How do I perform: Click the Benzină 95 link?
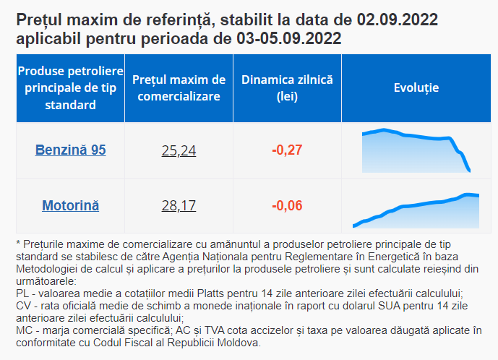click(x=71, y=150)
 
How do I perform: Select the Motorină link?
click(x=71, y=205)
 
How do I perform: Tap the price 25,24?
click(x=179, y=150)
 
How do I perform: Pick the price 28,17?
click(x=179, y=206)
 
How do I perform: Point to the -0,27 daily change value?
click(x=287, y=150)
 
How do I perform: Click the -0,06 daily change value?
click(x=287, y=205)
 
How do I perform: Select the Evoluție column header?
click(x=416, y=87)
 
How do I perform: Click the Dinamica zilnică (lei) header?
click(x=287, y=88)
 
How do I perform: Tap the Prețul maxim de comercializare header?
click(x=179, y=88)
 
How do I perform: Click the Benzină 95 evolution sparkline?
click(x=416, y=150)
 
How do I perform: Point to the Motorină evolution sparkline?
click(x=416, y=210)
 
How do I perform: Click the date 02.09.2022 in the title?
click(x=398, y=20)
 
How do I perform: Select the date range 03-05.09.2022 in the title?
click(x=288, y=38)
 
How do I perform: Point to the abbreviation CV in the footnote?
click(x=24, y=306)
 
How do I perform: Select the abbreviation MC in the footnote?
click(x=25, y=331)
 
